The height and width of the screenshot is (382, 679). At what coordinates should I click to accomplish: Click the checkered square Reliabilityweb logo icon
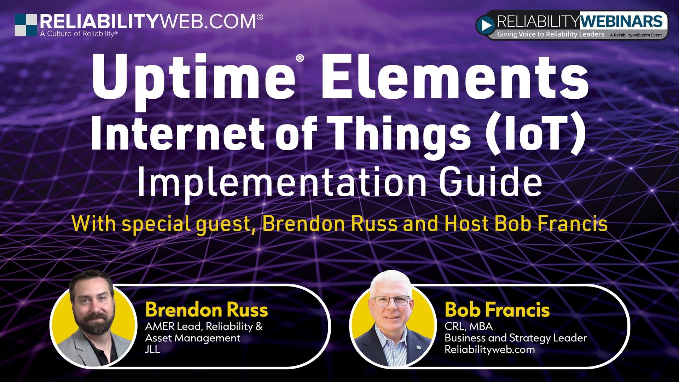tap(26, 25)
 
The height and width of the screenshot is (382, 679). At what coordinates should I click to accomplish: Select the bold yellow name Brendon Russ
tap(207, 310)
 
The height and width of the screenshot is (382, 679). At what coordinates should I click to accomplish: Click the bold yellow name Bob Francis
tap(497, 310)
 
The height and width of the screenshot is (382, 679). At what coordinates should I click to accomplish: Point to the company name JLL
tap(152, 349)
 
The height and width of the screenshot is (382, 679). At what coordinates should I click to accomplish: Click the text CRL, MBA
tap(468, 326)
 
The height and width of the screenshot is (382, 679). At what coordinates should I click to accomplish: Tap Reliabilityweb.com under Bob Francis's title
tap(489, 349)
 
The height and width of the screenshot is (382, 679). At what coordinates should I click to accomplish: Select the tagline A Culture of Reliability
tap(79, 34)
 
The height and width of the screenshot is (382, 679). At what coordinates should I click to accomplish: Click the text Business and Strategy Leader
tap(516, 338)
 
